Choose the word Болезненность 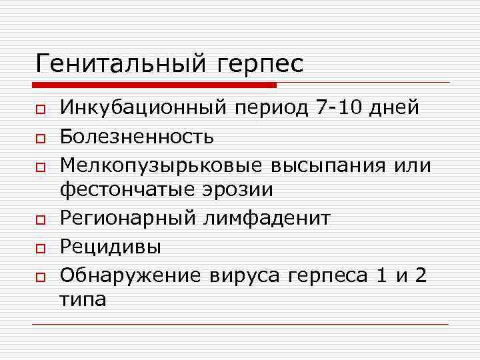tap(137, 137)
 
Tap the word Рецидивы tap(110, 247)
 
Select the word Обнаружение tap(130, 274)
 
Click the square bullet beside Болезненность tap(41, 138)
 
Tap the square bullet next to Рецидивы tap(41, 248)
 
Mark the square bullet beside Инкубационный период tap(41, 110)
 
